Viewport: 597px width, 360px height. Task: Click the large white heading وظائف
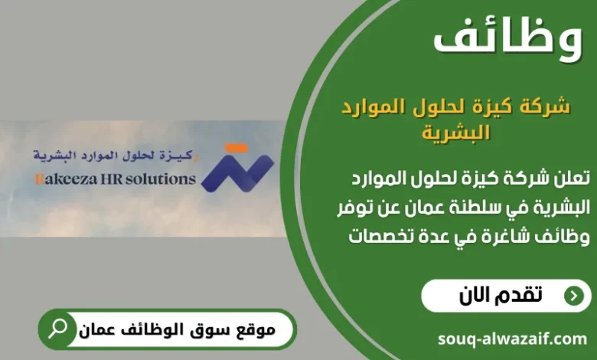[x=507, y=39]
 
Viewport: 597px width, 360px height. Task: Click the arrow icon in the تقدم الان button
[x=572, y=296]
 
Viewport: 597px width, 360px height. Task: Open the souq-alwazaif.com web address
[x=512, y=338]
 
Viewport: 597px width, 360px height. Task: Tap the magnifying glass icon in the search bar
[x=57, y=329]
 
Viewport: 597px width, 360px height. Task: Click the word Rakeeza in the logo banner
[x=62, y=180]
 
